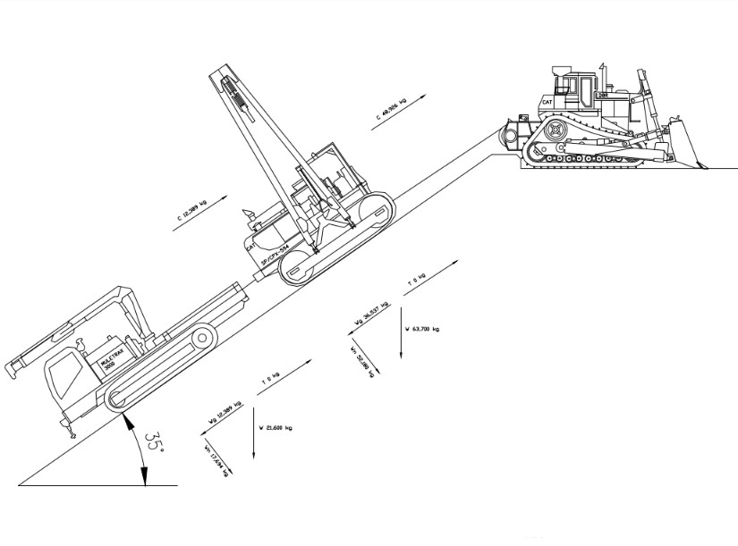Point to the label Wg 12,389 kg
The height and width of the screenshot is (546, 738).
225,410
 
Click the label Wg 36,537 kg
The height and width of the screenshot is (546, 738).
372,313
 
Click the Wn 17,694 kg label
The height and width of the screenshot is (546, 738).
216,460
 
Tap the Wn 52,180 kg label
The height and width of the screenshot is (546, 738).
362,360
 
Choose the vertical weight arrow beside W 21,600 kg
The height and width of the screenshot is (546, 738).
255,433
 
